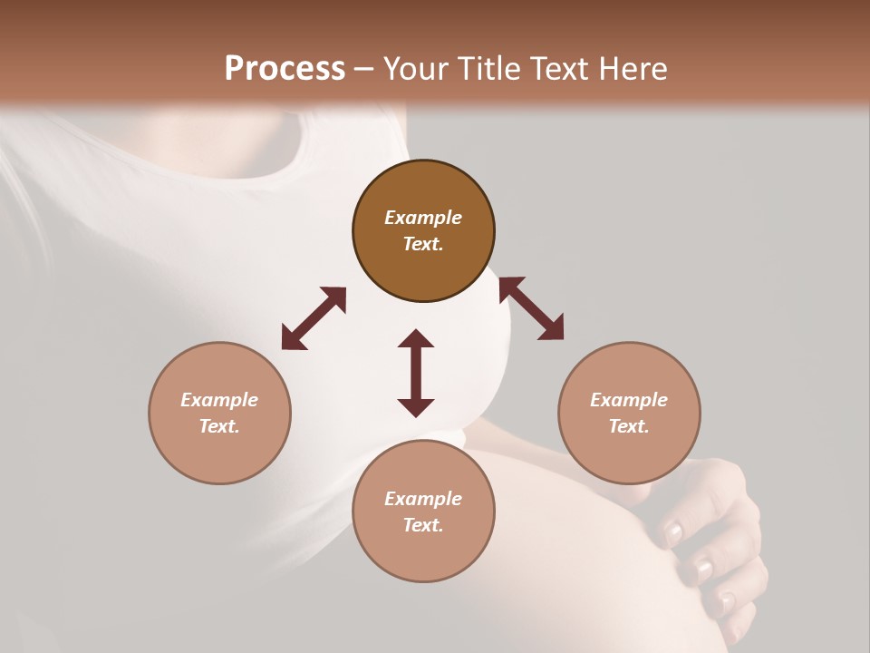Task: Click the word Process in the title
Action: (285, 68)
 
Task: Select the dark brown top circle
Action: (423, 231)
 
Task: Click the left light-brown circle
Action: (219, 413)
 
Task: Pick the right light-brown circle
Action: (629, 413)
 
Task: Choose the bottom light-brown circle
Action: (423, 511)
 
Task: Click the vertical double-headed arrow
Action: (416, 373)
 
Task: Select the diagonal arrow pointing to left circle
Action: (314, 317)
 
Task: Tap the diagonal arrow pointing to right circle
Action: (531, 308)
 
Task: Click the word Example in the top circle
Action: (423, 218)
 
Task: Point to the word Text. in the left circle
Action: (219, 426)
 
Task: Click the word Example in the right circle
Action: (629, 400)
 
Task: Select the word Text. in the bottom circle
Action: (423, 525)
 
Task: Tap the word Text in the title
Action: (555, 68)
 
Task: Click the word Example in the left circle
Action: (219, 400)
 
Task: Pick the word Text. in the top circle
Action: (423, 244)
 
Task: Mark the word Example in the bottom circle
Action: (423, 499)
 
